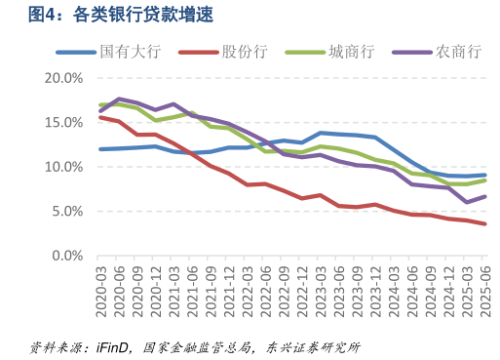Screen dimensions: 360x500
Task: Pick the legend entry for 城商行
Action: pos(348,52)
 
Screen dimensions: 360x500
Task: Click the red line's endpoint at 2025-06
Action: pos(484,223)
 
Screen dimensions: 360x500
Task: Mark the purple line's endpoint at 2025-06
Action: pos(484,197)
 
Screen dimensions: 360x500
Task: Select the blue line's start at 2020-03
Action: pos(101,149)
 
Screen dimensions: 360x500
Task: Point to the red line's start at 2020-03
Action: pos(101,117)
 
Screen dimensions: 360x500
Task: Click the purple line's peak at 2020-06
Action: pos(119,99)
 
